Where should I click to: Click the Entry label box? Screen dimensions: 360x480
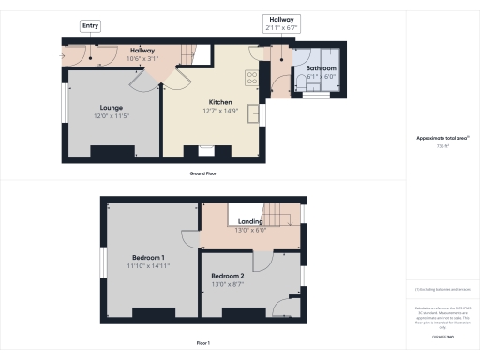[91, 26]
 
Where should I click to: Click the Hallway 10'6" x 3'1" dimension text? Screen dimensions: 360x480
[142, 58]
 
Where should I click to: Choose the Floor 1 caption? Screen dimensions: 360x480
[202, 343]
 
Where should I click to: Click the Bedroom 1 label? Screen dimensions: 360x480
[149, 257]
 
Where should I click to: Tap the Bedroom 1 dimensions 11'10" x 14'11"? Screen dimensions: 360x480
[149, 265]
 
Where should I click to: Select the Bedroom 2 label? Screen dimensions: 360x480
[229, 275]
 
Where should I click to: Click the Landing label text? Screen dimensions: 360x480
[250, 221]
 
